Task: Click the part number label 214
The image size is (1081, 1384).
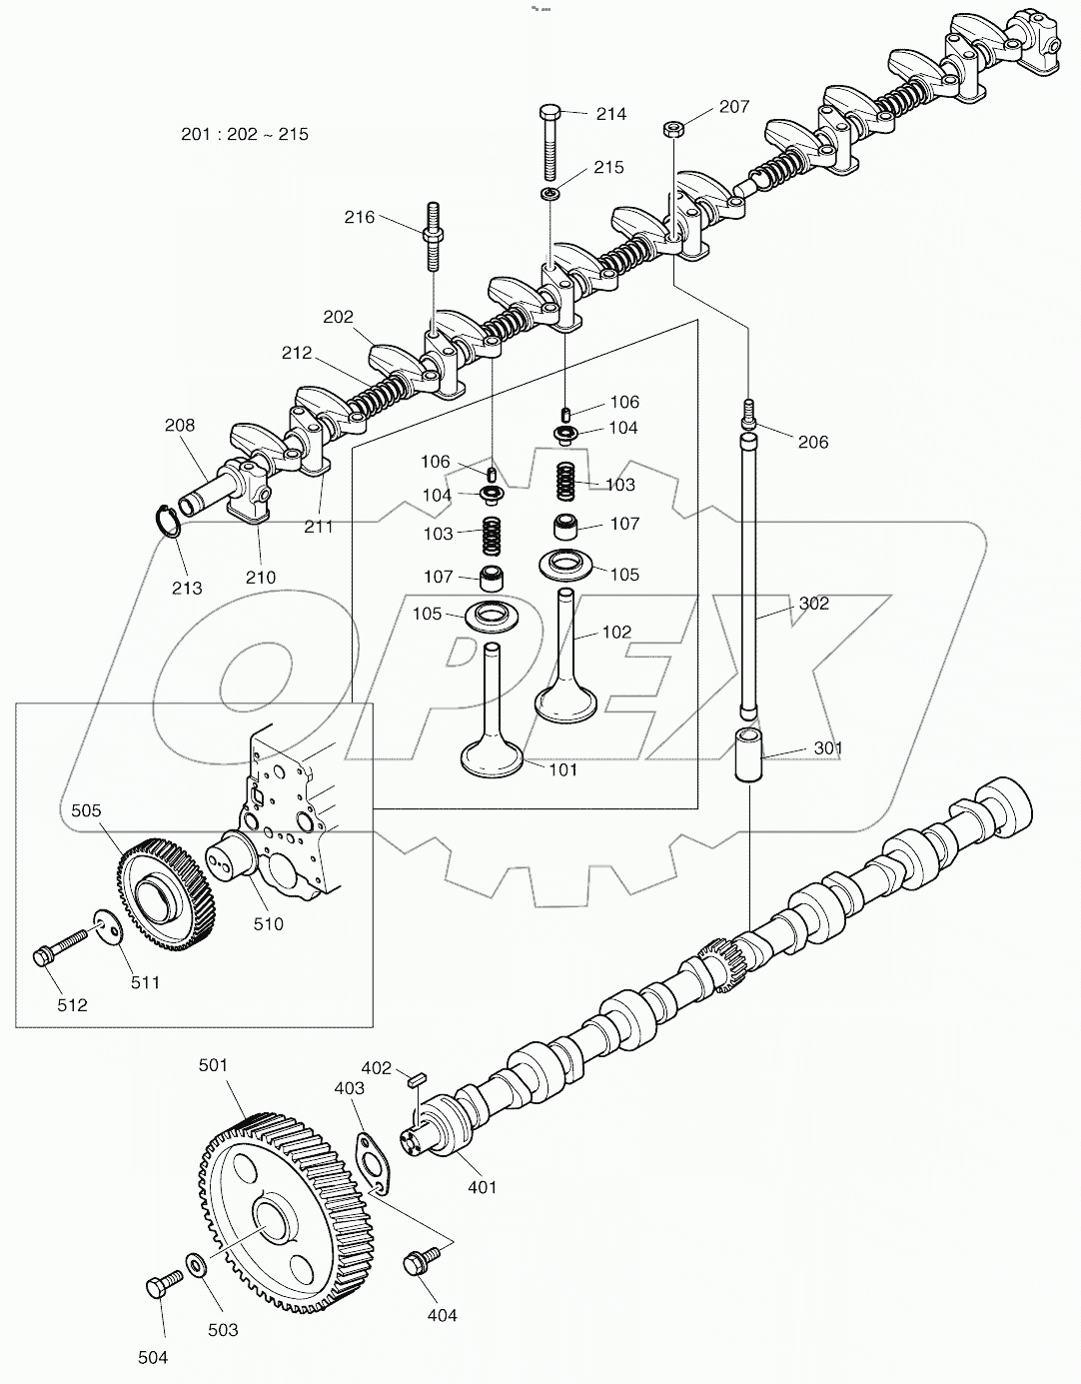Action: point(611,114)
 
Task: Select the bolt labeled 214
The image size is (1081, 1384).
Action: point(551,140)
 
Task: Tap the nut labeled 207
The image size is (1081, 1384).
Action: point(673,128)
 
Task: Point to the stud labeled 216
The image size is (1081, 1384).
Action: point(435,237)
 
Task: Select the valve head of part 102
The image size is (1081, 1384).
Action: point(565,702)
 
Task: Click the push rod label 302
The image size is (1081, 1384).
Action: point(813,604)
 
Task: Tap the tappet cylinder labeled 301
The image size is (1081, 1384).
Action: point(749,757)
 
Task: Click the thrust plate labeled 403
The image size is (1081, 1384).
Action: point(374,1160)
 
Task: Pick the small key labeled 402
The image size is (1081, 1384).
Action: point(419,1077)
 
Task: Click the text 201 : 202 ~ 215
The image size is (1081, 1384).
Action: point(245,134)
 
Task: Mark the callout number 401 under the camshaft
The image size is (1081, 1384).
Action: point(482,1187)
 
